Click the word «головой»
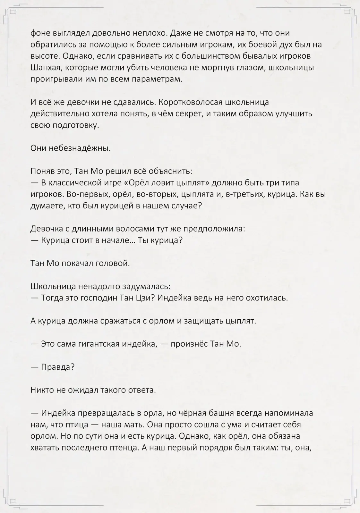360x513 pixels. [114, 264]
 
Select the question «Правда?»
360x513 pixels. [58, 367]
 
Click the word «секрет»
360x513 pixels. [186, 114]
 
